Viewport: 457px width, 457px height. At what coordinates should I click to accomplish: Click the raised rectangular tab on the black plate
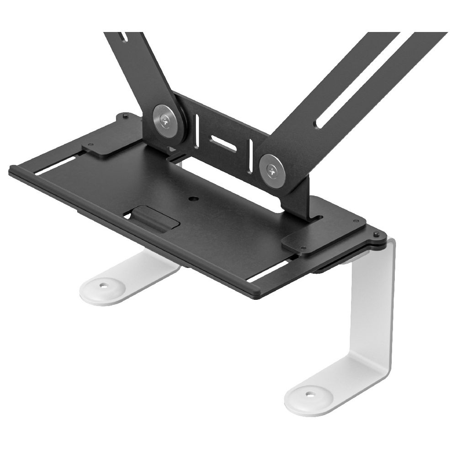(154, 218)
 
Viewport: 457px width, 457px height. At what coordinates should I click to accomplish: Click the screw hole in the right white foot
(310, 393)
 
